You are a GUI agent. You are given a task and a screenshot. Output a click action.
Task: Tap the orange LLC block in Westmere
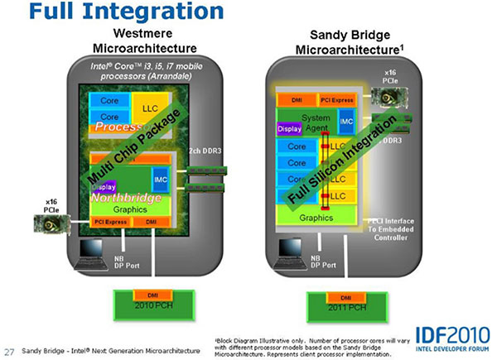pos(150,108)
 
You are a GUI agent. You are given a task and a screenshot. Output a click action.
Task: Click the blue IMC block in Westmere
pos(160,177)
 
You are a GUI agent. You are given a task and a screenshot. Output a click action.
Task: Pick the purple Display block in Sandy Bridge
pos(289,129)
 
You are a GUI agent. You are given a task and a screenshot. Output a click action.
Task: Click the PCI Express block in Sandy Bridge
pos(337,100)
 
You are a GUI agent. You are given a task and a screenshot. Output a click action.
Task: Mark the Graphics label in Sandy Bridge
pos(316,218)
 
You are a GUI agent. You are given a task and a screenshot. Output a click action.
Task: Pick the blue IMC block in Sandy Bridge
pos(346,121)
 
